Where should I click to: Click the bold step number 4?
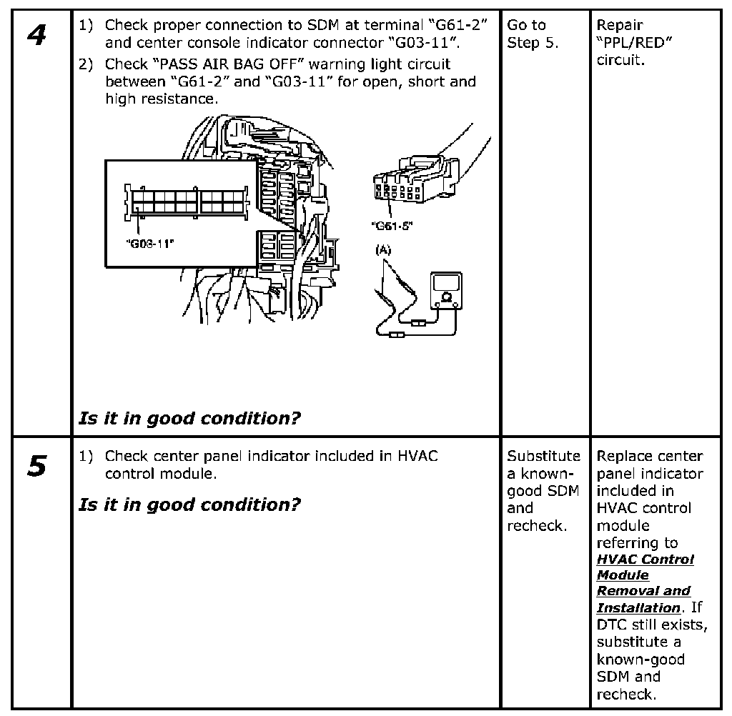pos(36,35)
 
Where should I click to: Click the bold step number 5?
pos(36,466)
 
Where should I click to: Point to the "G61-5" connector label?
pos(392,226)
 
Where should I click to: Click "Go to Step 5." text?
pos(533,34)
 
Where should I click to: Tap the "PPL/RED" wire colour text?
pos(635,43)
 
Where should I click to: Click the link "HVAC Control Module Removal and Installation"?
pos(644,584)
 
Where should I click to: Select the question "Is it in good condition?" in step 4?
pos(189,418)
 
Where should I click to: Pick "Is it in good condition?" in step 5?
pos(189,504)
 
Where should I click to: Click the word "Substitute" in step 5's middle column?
pos(544,456)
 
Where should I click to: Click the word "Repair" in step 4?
pos(620,26)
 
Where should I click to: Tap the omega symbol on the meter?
pos(447,297)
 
